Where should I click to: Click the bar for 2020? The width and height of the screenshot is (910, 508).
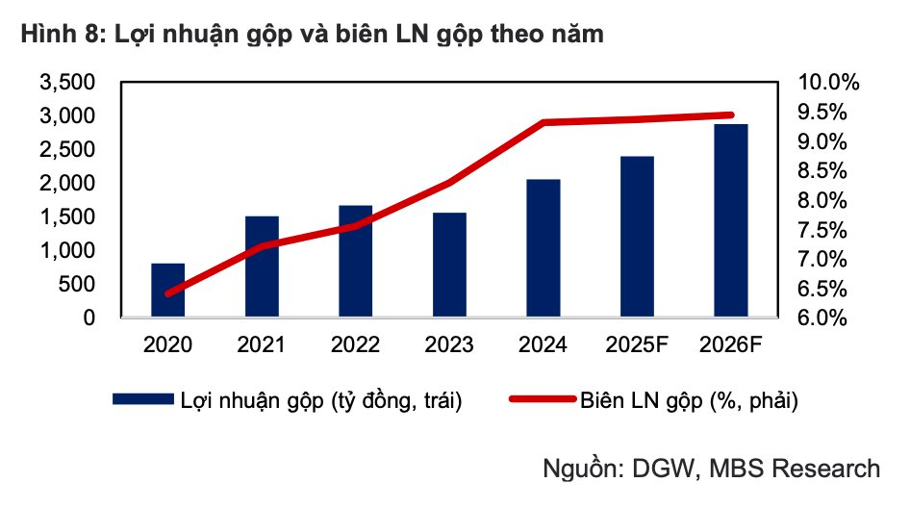pyautogui.click(x=167, y=290)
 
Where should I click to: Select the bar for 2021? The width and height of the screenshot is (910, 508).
pyautogui.click(x=262, y=267)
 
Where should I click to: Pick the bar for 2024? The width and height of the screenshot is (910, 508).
pyautogui.click(x=543, y=248)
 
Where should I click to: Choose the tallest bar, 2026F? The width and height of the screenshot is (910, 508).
pyautogui.click(x=731, y=220)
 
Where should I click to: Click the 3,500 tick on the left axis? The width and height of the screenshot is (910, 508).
pyautogui.click(x=66, y=83)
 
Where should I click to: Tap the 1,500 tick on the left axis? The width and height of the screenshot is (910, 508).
pyautogui.click(x=66, y=217)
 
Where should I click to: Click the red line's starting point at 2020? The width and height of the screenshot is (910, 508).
pyautogui.click(x=168, y=293)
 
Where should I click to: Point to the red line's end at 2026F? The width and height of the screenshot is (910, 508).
pyautogui.click(x=730, y=115)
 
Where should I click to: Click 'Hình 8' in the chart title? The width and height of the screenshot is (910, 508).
pyautogui.click(x=54, y=36)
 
